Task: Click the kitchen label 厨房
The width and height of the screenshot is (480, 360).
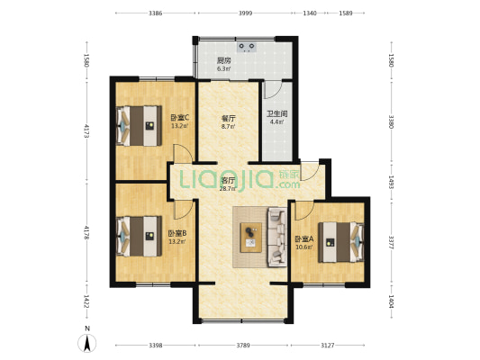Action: click(x=223, y=60)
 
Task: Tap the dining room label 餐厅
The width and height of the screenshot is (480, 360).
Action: click(x=228, y=118)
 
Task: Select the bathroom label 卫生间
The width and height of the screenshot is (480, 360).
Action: click(x=276, y=113)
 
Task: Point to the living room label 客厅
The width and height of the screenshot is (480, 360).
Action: click(x=228, y=180)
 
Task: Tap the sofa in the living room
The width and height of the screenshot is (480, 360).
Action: click(x=276, y=237)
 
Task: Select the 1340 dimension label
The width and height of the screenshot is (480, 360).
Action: click(x=310, y=13)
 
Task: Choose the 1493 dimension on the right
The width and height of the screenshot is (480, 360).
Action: click(x=391, y=181)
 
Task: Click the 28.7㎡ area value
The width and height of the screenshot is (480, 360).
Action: click(x=228, y=189)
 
